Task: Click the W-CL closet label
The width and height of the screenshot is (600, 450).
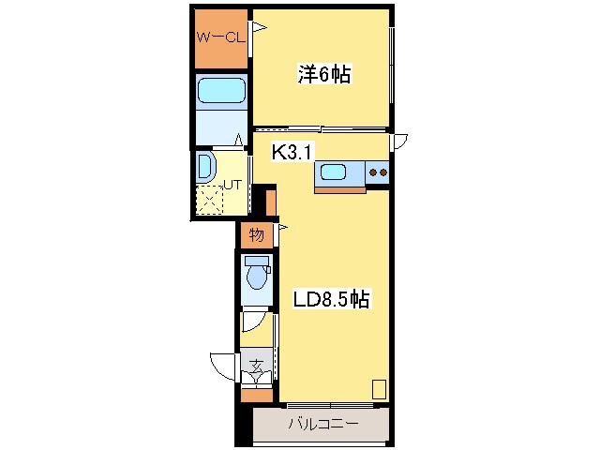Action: click(220, 37)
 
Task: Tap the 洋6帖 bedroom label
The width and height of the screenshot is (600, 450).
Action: click(324, 75)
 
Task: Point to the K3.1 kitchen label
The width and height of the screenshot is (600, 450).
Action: click(292, 152)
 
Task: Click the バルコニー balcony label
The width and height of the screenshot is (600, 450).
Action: click(321, 425)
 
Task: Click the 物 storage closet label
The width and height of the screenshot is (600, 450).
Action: click(256, 234)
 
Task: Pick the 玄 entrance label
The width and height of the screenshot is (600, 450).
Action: click(256, 359)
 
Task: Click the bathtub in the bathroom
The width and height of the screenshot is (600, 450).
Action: click(221, 91)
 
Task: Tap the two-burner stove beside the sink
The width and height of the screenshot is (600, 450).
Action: click(378, 172)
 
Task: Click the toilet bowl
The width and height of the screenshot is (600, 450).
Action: click(255, 275)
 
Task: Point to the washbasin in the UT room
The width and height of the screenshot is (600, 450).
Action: click(206, 169)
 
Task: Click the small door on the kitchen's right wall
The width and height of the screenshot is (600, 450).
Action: click(399, 142)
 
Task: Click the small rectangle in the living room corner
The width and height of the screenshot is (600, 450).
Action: click(378, 389)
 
